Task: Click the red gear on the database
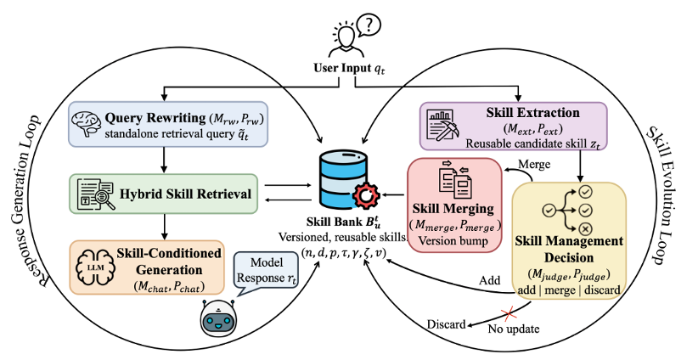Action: point(366,195)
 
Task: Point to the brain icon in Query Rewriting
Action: point(87,123)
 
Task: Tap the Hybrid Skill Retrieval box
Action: point(163,194)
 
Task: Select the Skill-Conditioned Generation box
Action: point(147,267)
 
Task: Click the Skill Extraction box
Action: point(513,126)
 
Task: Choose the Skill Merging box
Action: point(454,205)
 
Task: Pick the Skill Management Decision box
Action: point(569,240)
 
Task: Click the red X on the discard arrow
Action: point(509,312)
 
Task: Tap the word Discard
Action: point(446,324)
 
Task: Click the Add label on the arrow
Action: point(490,280)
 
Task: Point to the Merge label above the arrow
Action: point(534,164)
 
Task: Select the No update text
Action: point(514,329)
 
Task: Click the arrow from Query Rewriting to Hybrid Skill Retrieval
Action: point(164,160)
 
